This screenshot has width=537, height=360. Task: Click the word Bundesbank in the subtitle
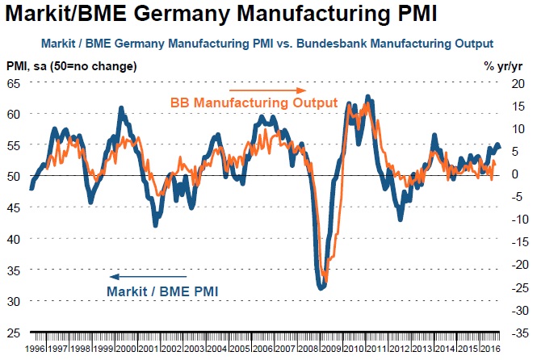click(x=357, y=43)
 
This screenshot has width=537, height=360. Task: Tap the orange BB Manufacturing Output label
click(x=254, y=103)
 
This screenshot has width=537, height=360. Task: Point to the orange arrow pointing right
click(x=266, y=90)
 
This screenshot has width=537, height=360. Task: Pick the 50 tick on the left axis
click(x=14, y=176)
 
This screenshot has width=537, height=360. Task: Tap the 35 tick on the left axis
click(x=14, y=270)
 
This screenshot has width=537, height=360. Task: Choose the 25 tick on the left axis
click(x=14, y=332)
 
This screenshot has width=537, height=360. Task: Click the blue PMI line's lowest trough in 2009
click(x=321, y=286)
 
